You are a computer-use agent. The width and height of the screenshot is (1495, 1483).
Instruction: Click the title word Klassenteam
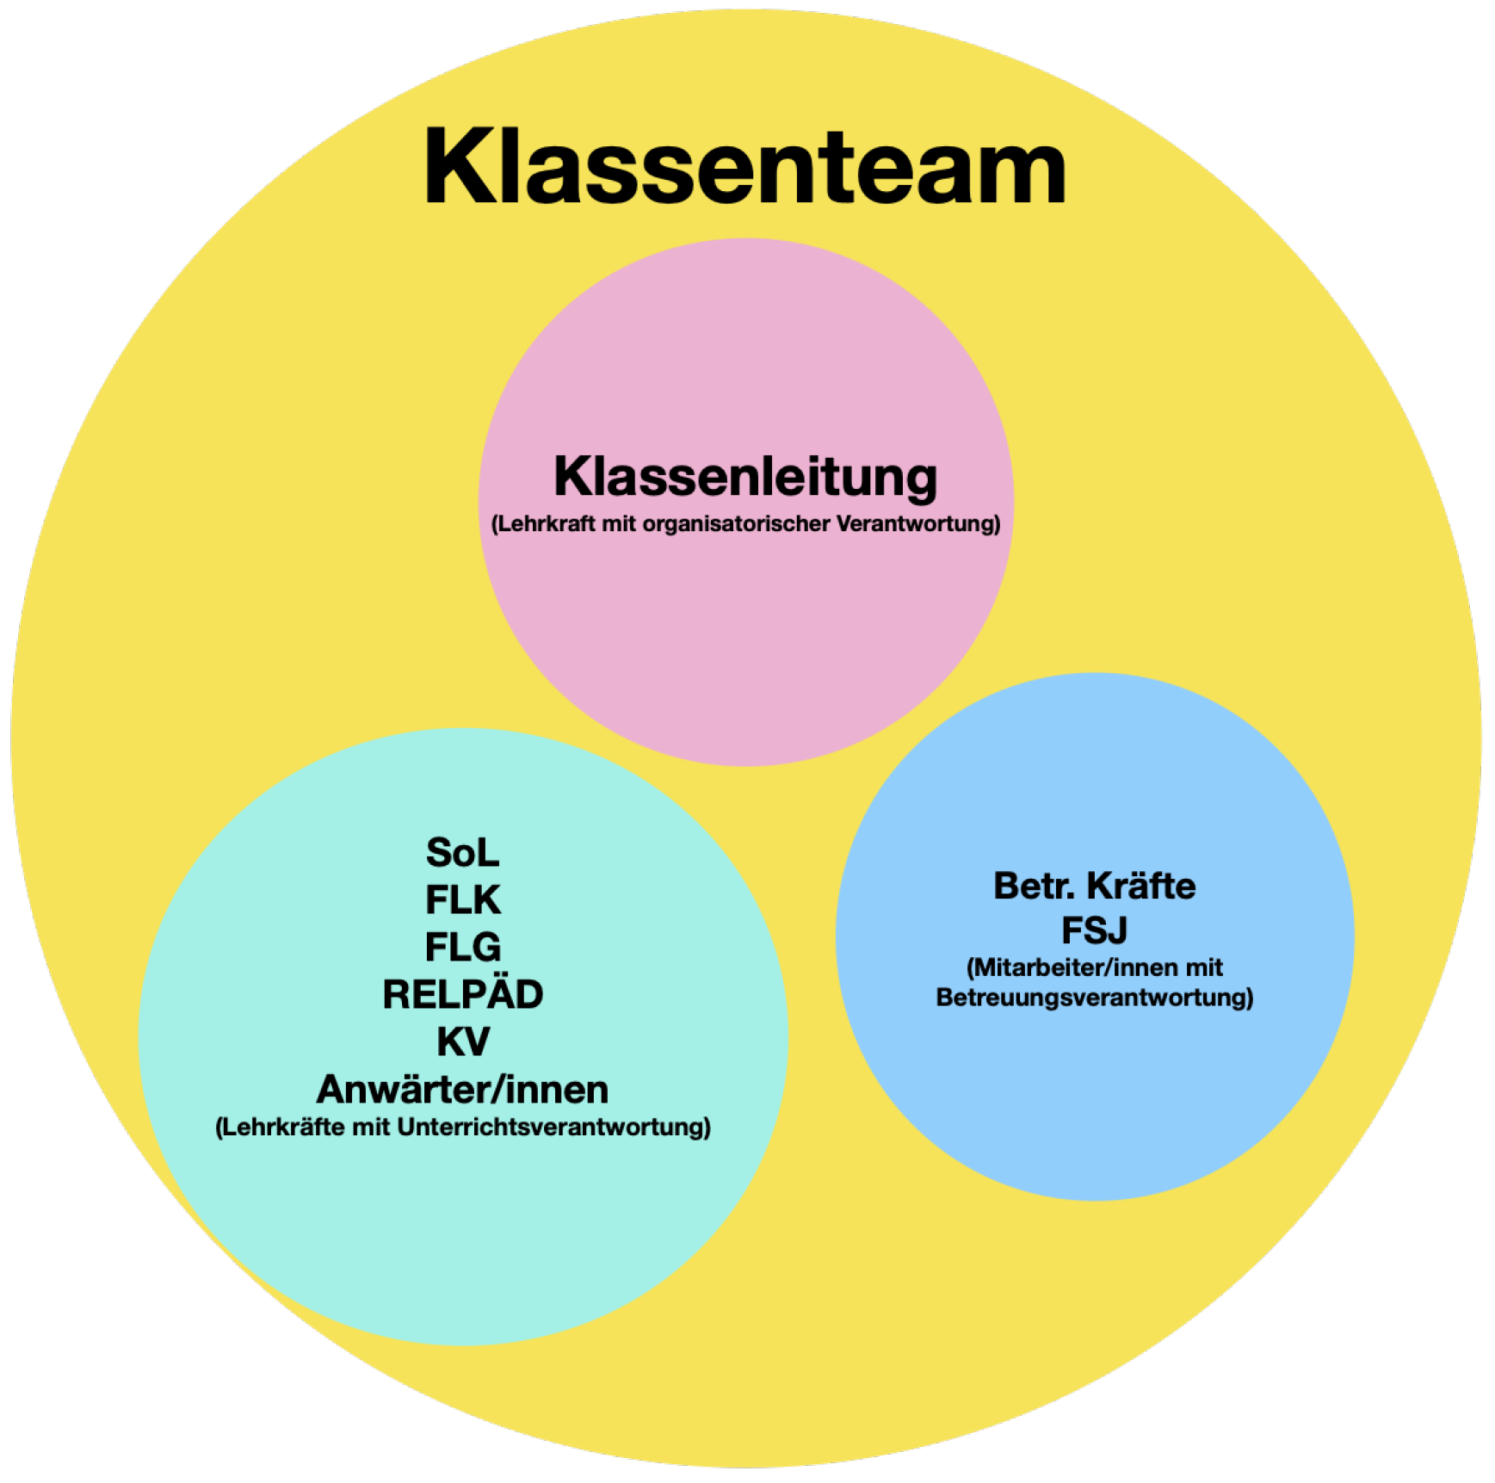click(x=745, y=166)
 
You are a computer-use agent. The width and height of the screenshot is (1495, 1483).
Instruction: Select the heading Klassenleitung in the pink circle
click(x=745, y=476)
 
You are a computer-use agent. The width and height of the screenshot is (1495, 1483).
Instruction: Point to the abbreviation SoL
click(x=462, y=853)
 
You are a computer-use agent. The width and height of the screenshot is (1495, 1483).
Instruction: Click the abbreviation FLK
click(x=462, y=900)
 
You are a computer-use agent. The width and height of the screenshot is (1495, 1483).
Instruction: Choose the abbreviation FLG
click(x=462, y=948)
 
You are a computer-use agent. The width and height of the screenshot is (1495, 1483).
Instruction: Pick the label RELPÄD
click(x=462, y=995)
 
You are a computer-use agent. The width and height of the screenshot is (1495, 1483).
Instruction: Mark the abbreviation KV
click(x=462, y=1042)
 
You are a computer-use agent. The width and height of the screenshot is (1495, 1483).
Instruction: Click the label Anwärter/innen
click(x=462, y=1090)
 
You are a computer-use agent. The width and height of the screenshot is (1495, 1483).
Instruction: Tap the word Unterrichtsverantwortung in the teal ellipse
click(x=553, y=1128)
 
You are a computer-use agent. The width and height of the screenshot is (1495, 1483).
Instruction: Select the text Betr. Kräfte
click(x=1094, y=886)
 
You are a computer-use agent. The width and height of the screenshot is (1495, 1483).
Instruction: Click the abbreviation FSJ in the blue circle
click(x=1094, y=930)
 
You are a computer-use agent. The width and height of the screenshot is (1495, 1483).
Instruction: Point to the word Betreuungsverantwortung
click(x=1094, y=998)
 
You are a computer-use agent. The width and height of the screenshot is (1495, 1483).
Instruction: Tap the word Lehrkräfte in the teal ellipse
click(x=280, y=1128)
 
